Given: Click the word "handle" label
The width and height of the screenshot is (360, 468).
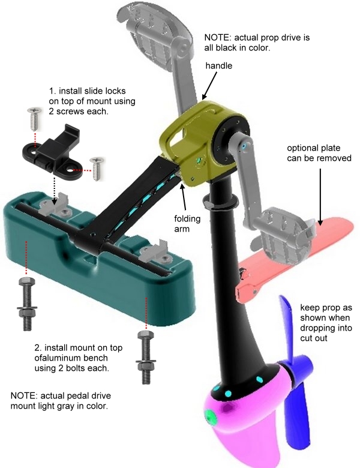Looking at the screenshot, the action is (218, 65).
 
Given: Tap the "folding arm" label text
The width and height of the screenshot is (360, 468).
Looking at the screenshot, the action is (187, 224).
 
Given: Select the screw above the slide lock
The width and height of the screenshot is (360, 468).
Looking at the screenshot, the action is (35, 119).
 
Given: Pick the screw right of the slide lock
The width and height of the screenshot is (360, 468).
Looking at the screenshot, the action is (97, 169).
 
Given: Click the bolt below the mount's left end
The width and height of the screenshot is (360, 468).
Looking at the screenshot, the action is (27, 304).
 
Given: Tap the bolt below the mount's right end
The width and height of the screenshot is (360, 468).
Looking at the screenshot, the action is (146, 357).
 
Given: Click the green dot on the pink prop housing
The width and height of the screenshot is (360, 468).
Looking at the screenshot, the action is (211, 416).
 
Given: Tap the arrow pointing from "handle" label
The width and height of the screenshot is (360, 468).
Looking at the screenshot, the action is (209, 86).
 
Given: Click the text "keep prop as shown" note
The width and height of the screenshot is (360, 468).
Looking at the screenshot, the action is (326, 313).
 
